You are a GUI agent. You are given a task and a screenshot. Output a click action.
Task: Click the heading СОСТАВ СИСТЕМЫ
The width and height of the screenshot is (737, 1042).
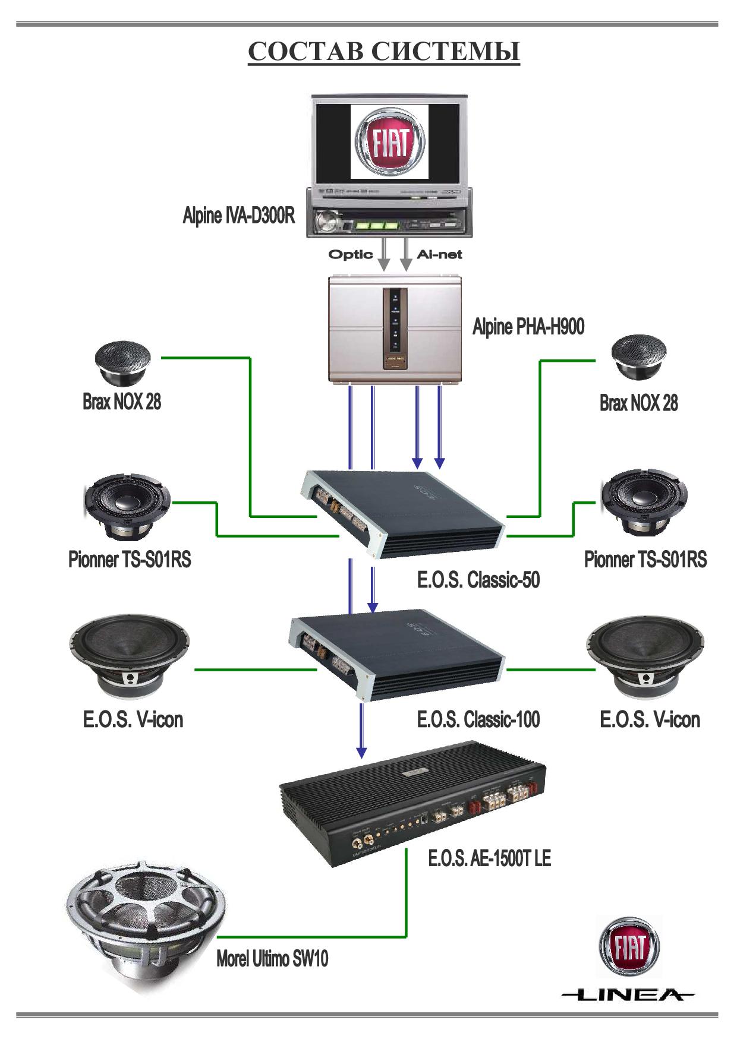pos(383,52)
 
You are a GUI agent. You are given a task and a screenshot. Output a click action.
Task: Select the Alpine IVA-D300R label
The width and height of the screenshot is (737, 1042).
pos(238,216)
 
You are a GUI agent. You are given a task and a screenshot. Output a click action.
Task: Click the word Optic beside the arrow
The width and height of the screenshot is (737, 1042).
pos(351,255)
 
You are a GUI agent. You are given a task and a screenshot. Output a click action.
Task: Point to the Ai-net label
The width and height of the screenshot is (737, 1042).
pos(439,255)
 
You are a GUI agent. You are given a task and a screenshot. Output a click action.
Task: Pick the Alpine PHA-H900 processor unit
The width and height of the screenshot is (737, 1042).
pos(395,328)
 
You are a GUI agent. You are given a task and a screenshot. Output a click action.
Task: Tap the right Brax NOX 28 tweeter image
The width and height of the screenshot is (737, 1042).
pos(639,358)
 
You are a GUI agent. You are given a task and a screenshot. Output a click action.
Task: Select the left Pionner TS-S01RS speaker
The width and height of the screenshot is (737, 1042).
pos(127,504)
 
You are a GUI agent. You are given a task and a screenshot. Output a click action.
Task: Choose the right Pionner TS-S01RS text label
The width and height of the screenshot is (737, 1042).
pos(645,560)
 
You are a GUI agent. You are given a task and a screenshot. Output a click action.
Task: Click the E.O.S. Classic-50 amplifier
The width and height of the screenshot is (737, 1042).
pos(402,512)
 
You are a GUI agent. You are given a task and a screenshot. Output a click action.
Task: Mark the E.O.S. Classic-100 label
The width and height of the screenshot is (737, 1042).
pos(478,720)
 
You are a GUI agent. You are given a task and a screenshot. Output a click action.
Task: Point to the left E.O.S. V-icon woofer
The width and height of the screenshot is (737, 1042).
pos(129,656)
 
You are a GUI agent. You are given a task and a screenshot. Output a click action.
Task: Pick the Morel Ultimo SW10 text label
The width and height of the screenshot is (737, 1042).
pos(272,958)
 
